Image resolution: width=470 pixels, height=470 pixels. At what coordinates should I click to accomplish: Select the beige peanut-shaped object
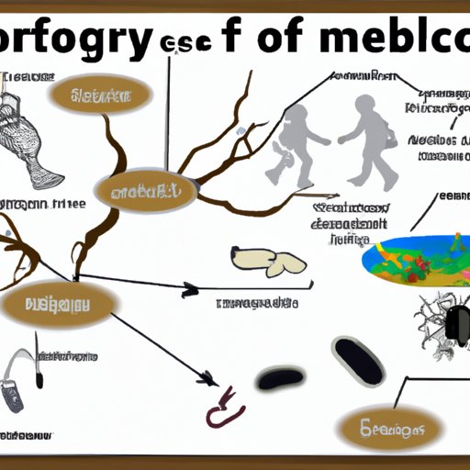[x=267, y=261]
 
